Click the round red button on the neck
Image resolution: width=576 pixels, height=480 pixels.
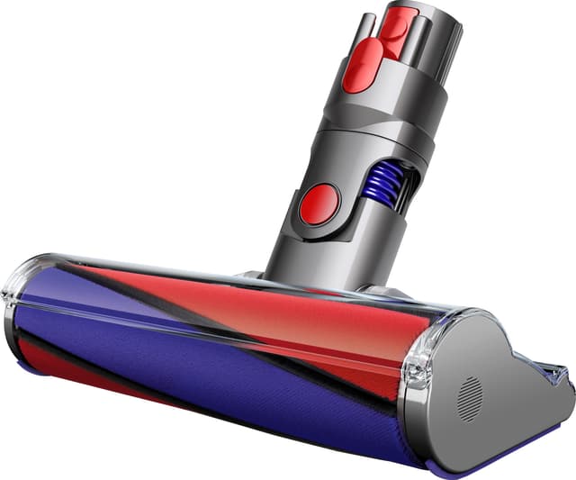[x=319, y=204]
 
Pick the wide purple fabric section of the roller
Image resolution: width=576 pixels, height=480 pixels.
[x=180, y=360]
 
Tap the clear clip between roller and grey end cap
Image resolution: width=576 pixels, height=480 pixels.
[x=416, y=365]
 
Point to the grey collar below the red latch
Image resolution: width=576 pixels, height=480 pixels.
[x=396, y=99]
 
